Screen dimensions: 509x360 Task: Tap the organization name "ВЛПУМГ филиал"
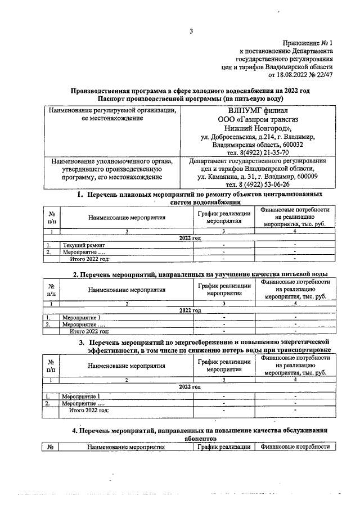tap(258, 110)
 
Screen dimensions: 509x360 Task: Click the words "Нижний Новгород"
tap(256, 128)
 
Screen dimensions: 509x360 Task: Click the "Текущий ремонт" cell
tap(84, 245)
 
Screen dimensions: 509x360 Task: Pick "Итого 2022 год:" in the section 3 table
tap(89, 411)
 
